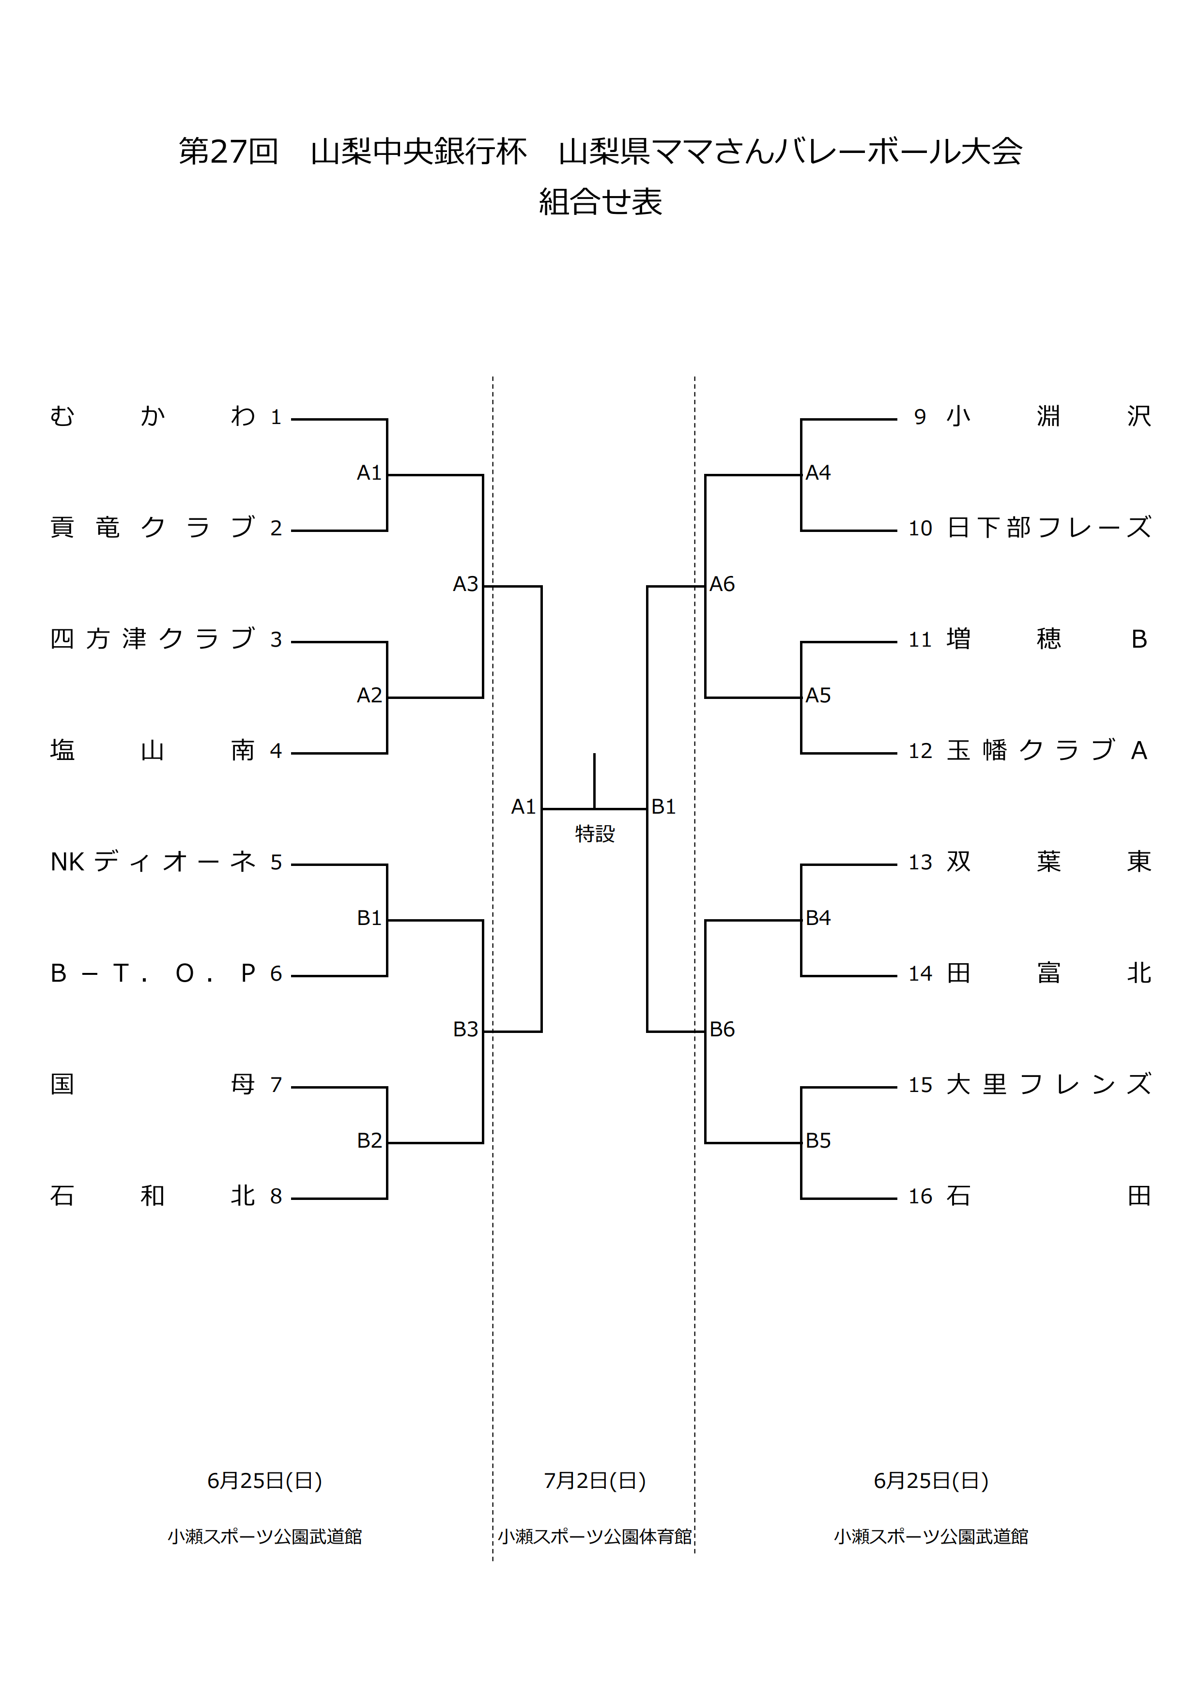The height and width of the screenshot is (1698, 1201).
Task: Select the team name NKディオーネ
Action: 153,862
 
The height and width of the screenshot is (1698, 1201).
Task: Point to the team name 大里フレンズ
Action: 1048,1085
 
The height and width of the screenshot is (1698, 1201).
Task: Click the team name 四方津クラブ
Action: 153,639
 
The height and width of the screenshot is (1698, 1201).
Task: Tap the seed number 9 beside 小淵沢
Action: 920,417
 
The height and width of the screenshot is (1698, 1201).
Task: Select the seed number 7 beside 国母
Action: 276,1085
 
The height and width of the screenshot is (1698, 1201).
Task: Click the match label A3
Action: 465,584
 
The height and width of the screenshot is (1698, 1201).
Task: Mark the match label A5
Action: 818,695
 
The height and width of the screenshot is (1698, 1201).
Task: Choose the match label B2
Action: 369,1140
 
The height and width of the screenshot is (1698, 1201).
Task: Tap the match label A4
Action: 818,472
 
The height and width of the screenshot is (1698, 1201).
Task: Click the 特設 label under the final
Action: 595,834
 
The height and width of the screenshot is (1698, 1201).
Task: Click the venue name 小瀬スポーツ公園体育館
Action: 595,1537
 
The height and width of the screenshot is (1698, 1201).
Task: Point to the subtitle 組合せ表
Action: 600,202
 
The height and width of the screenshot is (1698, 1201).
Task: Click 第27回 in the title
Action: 229,152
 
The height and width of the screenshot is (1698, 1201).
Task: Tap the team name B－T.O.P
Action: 153,973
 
